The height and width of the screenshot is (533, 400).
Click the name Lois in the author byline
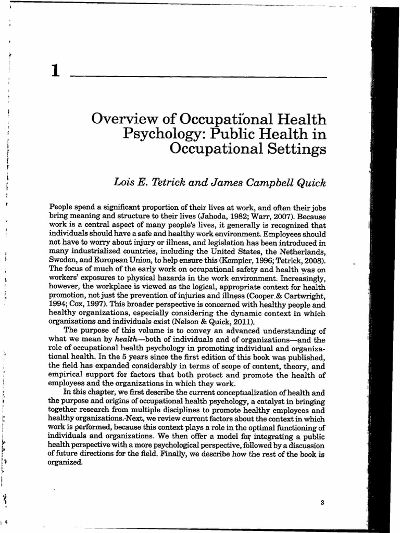pyautogui.click(x=124, y=182)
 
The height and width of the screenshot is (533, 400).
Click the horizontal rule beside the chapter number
pyautogui.click(x=198, y=77)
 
